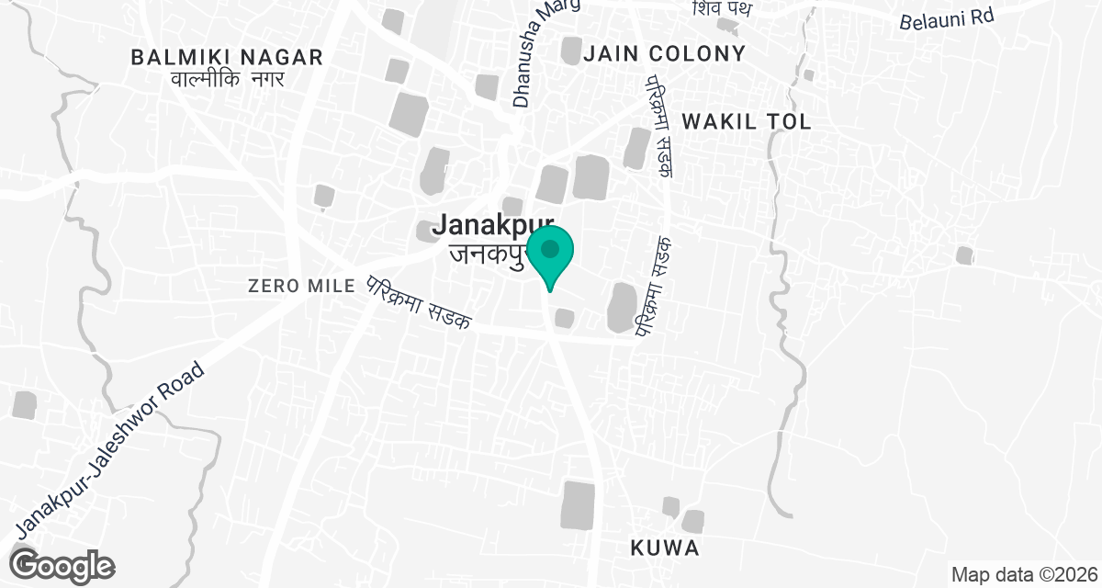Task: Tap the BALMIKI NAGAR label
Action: (227, 57)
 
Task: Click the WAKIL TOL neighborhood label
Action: (747, 122)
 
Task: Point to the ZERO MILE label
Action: (301, 286)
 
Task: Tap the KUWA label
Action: (666, 548)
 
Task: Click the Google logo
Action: (62, 564)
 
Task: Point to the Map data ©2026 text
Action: (1024, 575)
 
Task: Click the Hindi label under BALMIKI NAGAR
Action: (227, 79)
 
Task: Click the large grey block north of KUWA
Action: (578, 504)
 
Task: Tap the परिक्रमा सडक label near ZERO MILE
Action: (418, 302)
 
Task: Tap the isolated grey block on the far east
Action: (963, 254)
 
